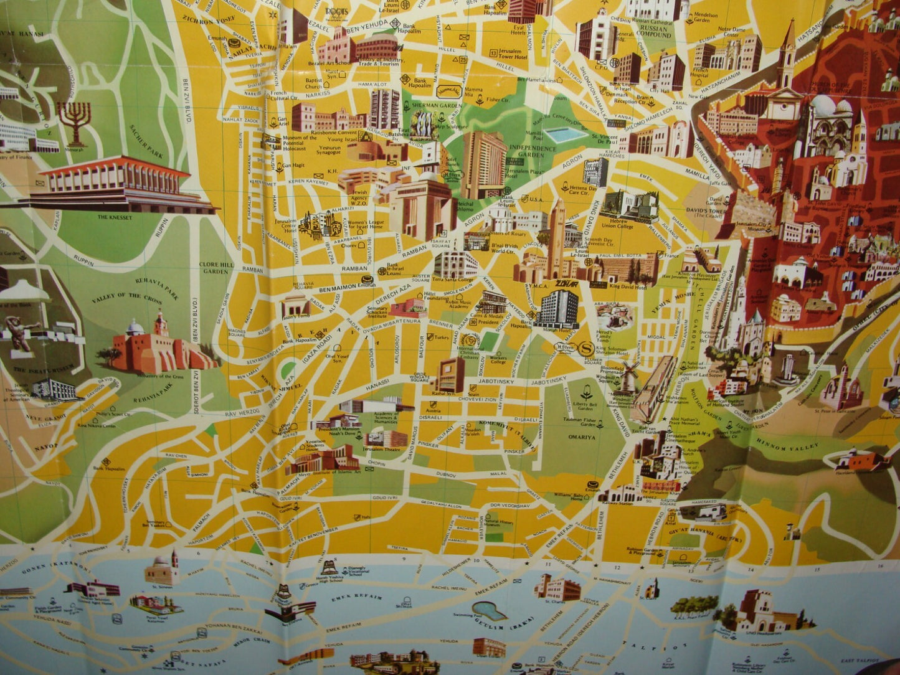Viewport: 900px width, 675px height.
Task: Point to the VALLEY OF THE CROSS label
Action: [x=126, y=298]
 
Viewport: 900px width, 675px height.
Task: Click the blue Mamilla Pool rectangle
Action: [x=565, y=135]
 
